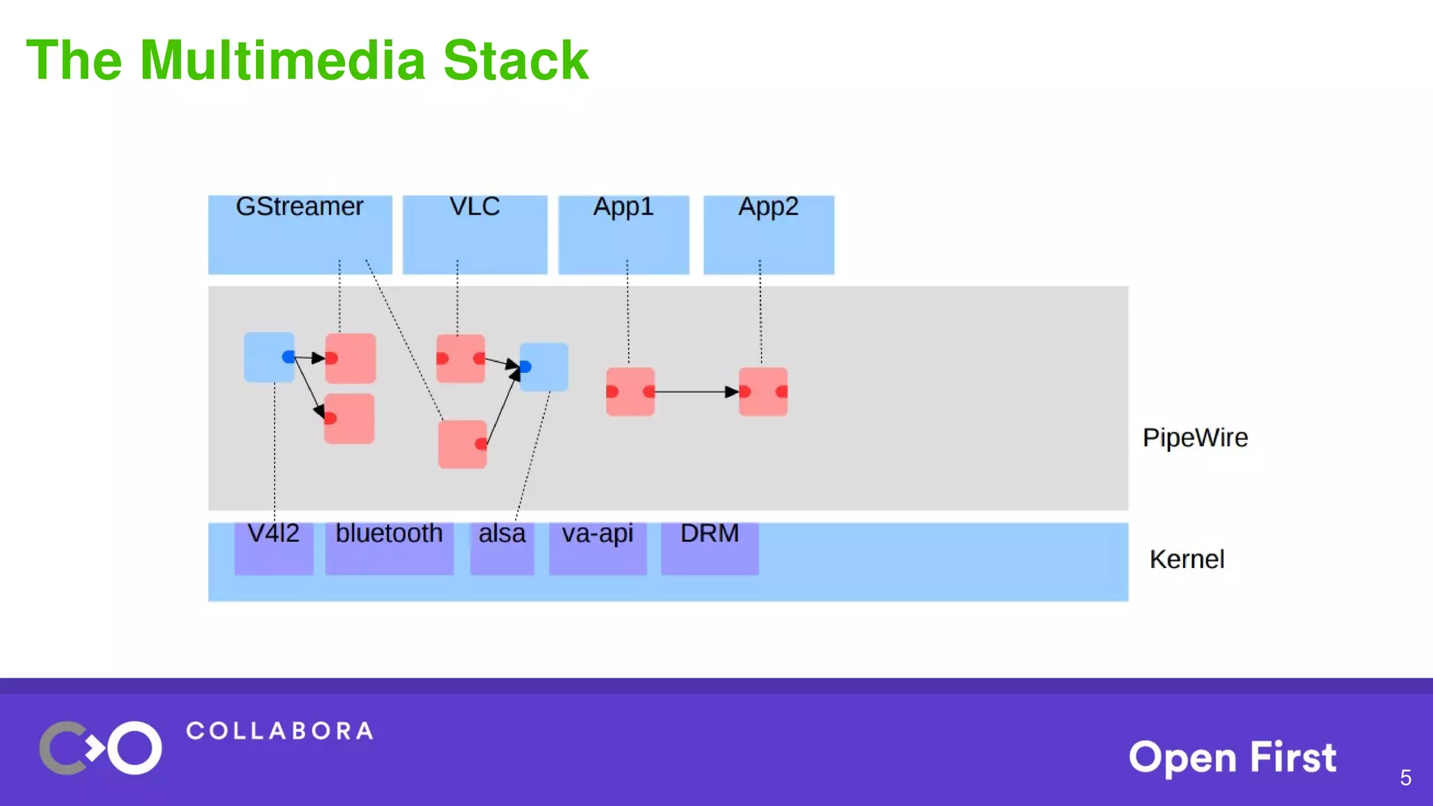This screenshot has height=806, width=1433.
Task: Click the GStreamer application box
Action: pyautogui.click(x=299, y=234)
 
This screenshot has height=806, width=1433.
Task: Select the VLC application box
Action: pyautogui.click(x=474, y=234)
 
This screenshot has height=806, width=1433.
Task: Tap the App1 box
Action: pyautogui.click(x=623, y=234)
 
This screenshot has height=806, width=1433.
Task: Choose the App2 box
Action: pyautogui.click(x=768, y=234)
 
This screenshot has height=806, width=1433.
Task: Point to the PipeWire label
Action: pyautogui.click(x=1195, y=438)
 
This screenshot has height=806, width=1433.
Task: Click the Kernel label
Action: pyautogui.click(x=1187, y=560)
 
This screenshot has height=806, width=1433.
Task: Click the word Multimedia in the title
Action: pyautogui.click(x=283, y=60)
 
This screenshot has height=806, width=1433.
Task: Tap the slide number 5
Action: pyautogui.click(x=1405, y=777)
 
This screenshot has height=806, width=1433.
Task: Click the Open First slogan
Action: pyautogui.click(x=1232, y=757)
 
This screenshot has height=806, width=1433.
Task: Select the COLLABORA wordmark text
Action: pyautogui.click(x=280, y=731)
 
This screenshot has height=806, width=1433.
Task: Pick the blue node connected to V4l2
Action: pyautogui.click(x=269, y=357)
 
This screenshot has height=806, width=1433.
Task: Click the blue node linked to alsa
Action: pyautogui.click(x=544, y=367)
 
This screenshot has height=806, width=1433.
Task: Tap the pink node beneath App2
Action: pyautogui.click(x=763, y=392)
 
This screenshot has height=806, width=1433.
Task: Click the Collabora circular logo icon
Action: pyautogui.click(x=100, y=748)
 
